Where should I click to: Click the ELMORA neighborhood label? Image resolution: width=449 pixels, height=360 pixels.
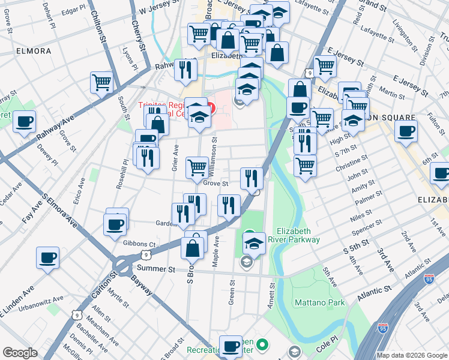[x=34, y=51]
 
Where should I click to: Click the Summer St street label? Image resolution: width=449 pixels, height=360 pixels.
[x=155, y=269]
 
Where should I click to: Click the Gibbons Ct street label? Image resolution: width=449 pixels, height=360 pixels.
[x=139, y=245]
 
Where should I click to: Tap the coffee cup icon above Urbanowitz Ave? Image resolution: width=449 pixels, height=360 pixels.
[x=48, y=258]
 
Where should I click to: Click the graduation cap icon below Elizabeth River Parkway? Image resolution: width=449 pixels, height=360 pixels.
[x=254, y=244]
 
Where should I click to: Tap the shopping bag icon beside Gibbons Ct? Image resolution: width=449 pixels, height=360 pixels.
[x=192, y=247]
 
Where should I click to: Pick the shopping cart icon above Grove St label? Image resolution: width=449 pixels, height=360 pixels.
[x=197, y=168]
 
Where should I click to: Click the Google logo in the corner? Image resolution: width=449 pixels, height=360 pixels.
[x=20, y=353]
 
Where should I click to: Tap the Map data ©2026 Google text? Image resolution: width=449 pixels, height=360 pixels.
[x=412, y=355]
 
